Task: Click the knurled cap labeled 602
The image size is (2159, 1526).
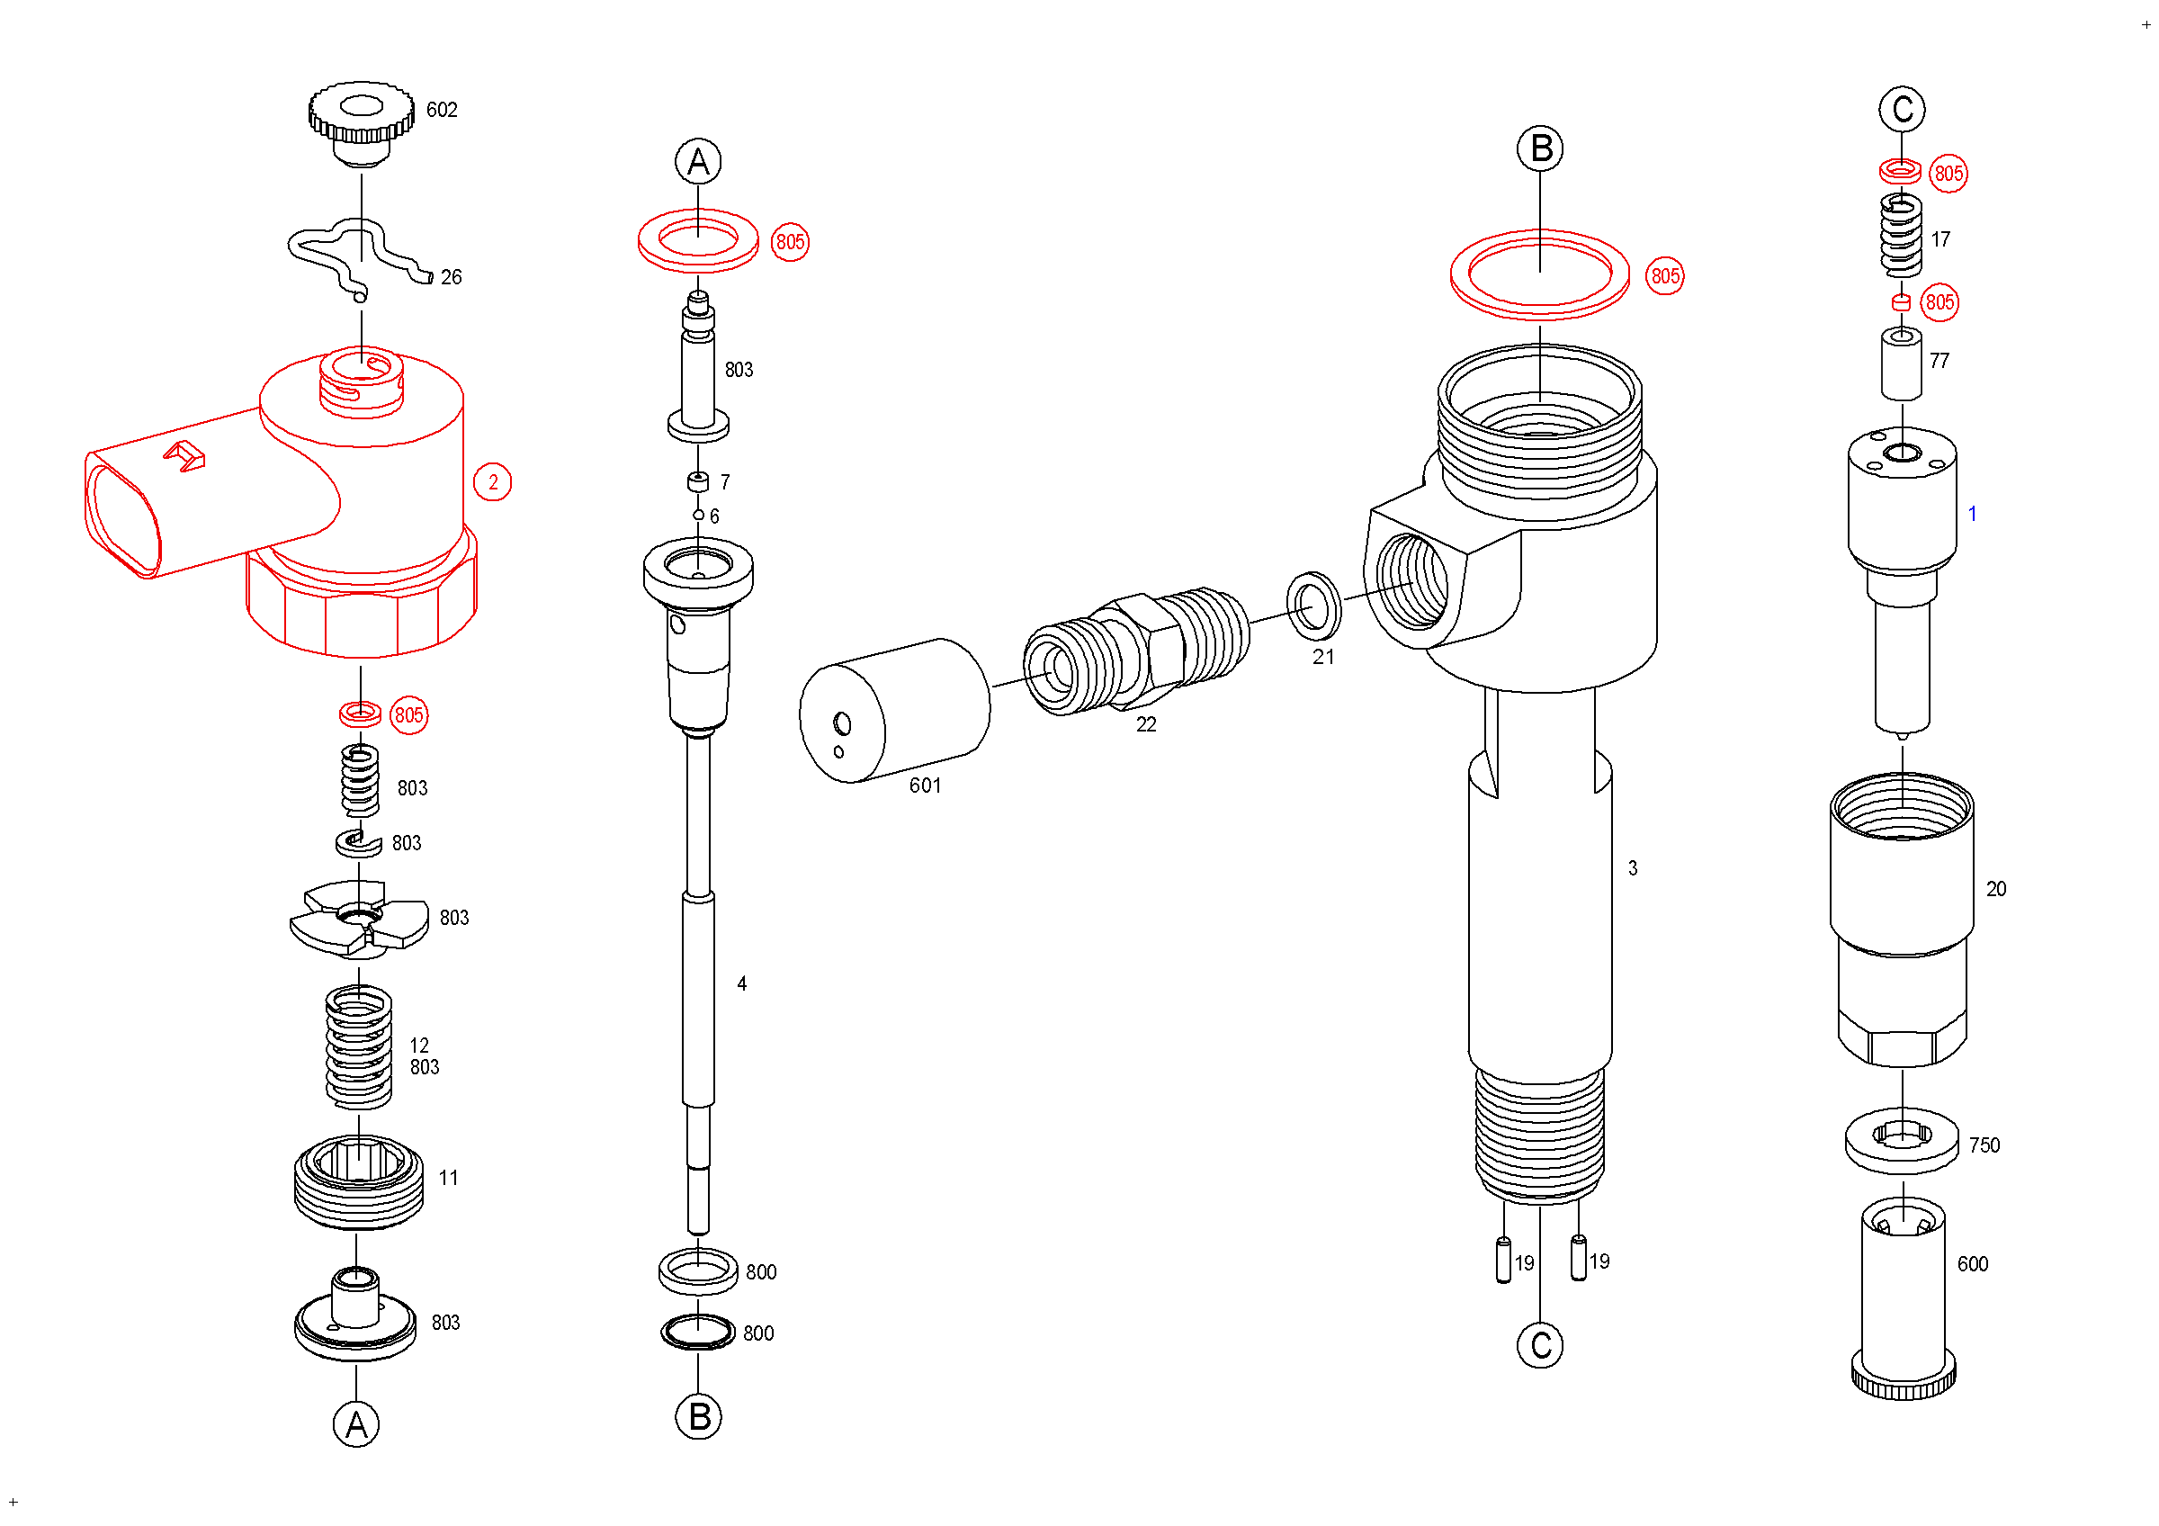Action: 361,122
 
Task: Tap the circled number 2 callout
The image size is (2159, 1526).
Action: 493,482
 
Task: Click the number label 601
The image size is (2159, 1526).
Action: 926,786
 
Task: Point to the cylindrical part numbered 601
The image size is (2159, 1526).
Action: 894,711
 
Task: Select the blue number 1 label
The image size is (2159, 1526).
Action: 1972,515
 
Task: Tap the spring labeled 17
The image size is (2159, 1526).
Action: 1901,235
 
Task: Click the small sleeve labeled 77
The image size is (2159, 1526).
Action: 1901,363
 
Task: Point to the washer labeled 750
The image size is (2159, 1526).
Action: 1903,1141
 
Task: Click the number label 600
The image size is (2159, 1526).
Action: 1973,1264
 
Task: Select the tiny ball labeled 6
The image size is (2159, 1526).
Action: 699,516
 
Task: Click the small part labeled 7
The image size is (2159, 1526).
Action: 698,481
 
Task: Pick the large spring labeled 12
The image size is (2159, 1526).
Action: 358,1046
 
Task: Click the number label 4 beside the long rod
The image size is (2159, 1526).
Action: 742,983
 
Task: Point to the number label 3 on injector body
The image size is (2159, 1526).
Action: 1633,869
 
